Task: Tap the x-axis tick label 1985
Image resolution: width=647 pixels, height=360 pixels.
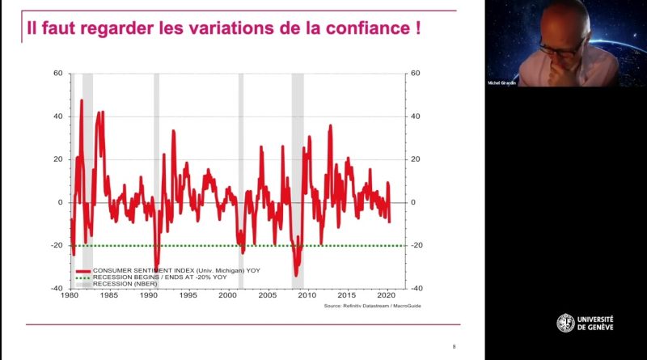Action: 108,295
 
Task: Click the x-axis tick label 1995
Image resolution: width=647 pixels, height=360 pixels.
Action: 188,295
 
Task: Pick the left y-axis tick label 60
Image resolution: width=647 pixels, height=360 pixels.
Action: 57,74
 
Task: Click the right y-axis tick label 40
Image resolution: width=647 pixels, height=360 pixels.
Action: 416,116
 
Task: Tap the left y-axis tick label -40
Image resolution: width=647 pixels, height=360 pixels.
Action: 56,288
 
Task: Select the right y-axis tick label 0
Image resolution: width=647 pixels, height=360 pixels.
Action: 413,202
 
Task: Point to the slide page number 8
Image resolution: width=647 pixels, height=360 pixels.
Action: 454,346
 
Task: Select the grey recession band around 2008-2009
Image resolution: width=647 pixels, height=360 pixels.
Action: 298,162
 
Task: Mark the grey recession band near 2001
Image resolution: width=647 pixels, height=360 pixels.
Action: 241,162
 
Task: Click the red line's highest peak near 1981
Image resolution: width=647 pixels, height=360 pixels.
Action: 82,100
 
